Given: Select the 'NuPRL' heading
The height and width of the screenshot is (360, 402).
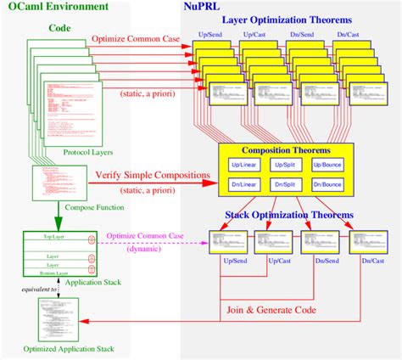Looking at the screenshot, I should point(203,8).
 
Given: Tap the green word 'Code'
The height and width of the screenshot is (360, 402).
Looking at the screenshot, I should point(59,28).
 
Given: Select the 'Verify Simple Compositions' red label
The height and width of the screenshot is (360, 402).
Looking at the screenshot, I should point(153,176).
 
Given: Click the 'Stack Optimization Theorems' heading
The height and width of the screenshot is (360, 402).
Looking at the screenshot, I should point(289,216).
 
